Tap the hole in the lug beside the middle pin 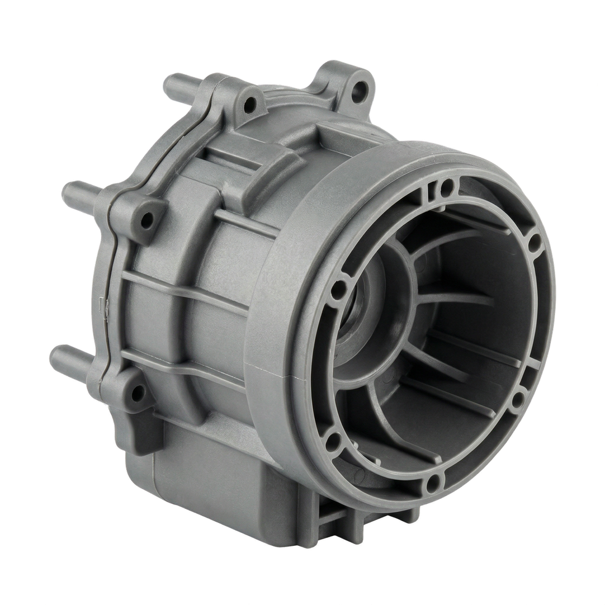pos(147,218)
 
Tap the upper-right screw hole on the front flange pos(533,240)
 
